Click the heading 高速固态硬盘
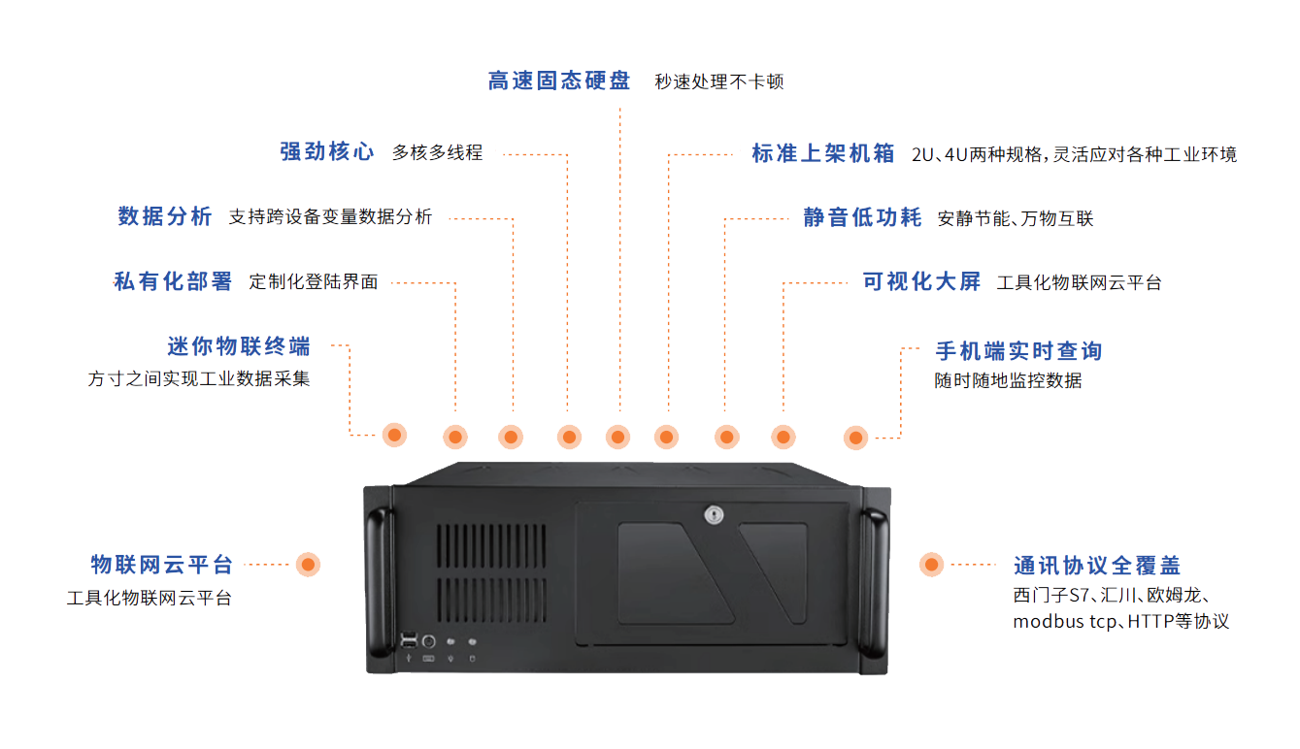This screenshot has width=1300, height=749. [559, 81]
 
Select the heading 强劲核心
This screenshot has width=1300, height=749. [327, 152]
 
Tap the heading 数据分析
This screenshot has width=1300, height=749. [165, 216]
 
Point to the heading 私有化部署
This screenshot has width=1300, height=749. [174, 281]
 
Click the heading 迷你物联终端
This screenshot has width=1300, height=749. [239, 346]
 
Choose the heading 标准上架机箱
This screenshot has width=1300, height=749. [823, 153]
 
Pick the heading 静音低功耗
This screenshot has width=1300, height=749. [862, 217]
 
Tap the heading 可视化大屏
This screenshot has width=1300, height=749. [922, 282]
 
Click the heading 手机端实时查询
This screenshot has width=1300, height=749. [1018, 350]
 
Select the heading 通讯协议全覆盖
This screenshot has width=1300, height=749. [1097, 566]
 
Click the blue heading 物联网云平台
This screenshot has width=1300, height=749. [162, 565]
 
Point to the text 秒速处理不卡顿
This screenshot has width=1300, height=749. [719, 81]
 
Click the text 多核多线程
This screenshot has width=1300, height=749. [438, 152]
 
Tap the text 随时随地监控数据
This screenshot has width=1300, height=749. [1008, 380]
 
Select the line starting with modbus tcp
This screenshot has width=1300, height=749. [1121, 622]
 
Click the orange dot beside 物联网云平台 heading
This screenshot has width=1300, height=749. [308, 564]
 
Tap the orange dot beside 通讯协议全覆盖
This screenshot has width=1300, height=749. [931, 564]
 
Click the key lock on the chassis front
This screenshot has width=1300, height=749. [715, 514]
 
